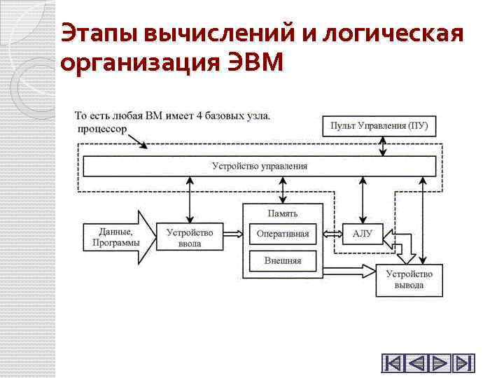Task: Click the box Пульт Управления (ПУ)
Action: [379, 126]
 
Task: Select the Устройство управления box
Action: [259, 166]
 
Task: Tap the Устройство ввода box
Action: [190, 238]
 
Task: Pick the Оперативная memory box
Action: [283, 234]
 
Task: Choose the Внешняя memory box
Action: [283, 260]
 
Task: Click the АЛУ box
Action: [363, 234]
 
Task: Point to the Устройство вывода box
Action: [409, 280]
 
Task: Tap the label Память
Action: [283, 213]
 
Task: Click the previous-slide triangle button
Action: [416, 363]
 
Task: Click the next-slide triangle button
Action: [440, 363]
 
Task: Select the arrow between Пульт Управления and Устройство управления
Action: [382, 146]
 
